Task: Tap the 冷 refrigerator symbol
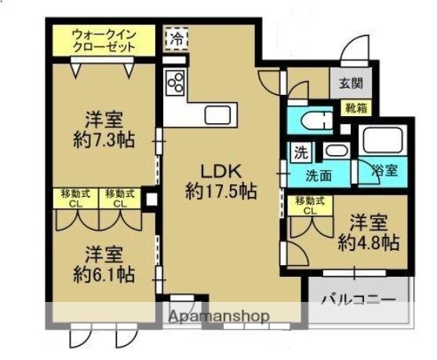(x=177, y=38)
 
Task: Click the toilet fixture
(x=313, y=121)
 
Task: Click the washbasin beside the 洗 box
(x=335, y=151)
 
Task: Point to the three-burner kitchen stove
(x=174, y=82)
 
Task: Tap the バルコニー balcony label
(x=357, y=299)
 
